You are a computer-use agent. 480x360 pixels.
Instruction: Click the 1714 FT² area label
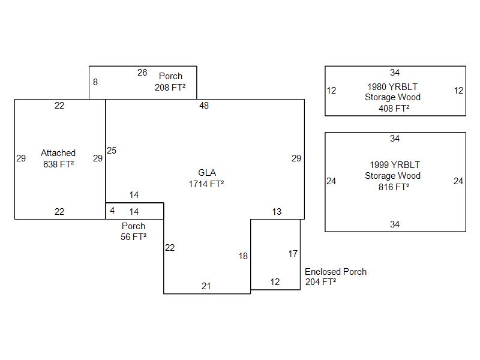[206, 184]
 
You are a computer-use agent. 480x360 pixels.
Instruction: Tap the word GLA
[207, 173]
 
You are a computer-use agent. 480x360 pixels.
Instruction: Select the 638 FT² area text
[59, 164]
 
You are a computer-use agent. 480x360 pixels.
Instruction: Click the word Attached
[58, 153]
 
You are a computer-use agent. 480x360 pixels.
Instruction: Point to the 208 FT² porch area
[170, 88]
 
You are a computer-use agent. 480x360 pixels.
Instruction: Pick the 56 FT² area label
[133, 236]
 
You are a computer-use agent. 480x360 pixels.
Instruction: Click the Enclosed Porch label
[335, 272]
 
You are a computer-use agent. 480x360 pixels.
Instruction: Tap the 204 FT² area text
[320, 282]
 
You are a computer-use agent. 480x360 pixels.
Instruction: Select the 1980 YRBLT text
[392, 86]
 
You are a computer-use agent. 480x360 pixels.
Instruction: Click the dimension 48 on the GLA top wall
[204, 106]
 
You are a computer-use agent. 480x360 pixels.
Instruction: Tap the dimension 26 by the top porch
[142, 73]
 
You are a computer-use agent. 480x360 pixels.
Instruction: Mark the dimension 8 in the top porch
[95, 82]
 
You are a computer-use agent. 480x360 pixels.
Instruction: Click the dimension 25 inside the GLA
[112, 151]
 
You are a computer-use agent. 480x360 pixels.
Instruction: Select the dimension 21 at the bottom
[206, 286]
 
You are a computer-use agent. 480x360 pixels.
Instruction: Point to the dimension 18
[243, 256]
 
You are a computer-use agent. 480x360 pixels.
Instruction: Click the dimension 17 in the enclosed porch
[293, 254]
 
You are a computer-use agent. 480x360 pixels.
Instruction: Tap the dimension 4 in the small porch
[112, 211]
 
